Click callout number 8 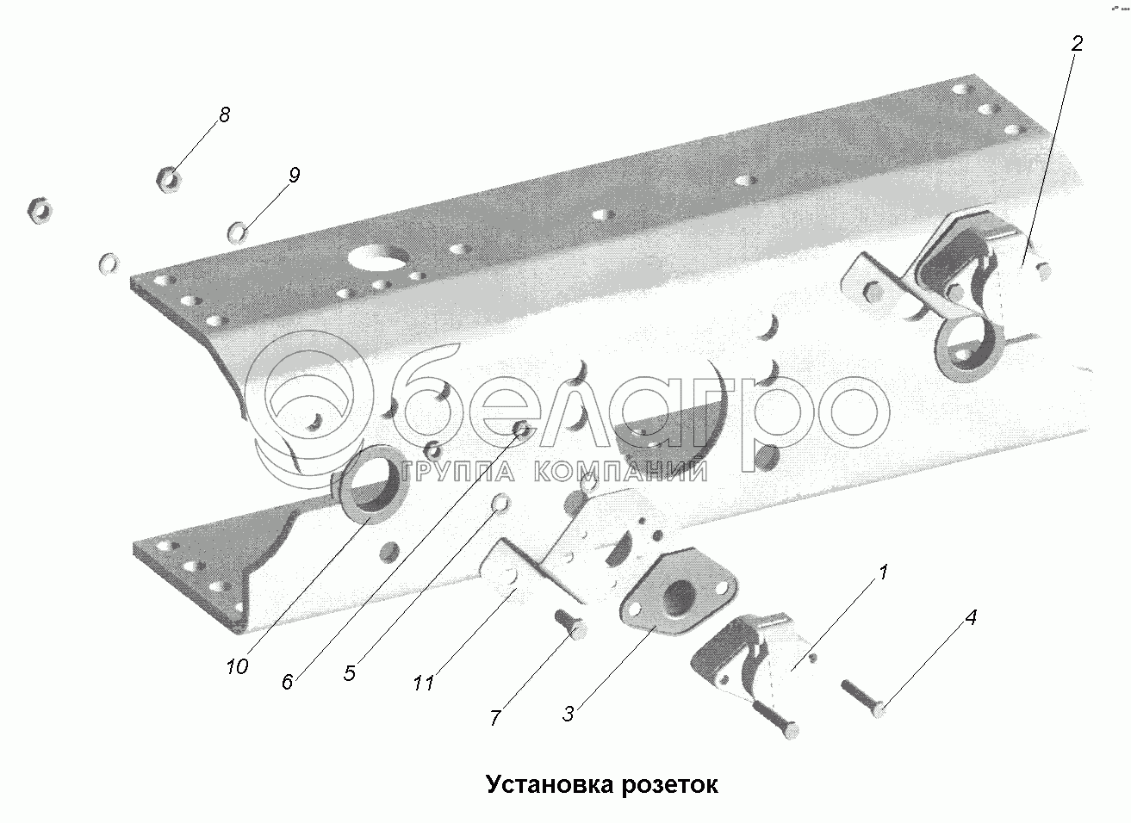click(225, 115)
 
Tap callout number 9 click(294, 176)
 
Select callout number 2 click(1076, 44)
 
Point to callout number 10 click(238, 666)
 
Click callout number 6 click(288, 681)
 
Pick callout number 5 click(349, 672)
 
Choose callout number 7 click(495, 717)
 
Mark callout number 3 click(569, 713)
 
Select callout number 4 click(971, 617)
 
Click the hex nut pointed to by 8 click(168, 178)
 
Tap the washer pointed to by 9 click(238, 231)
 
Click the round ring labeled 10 click(371, 484)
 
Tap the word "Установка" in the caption click(547, 785)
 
